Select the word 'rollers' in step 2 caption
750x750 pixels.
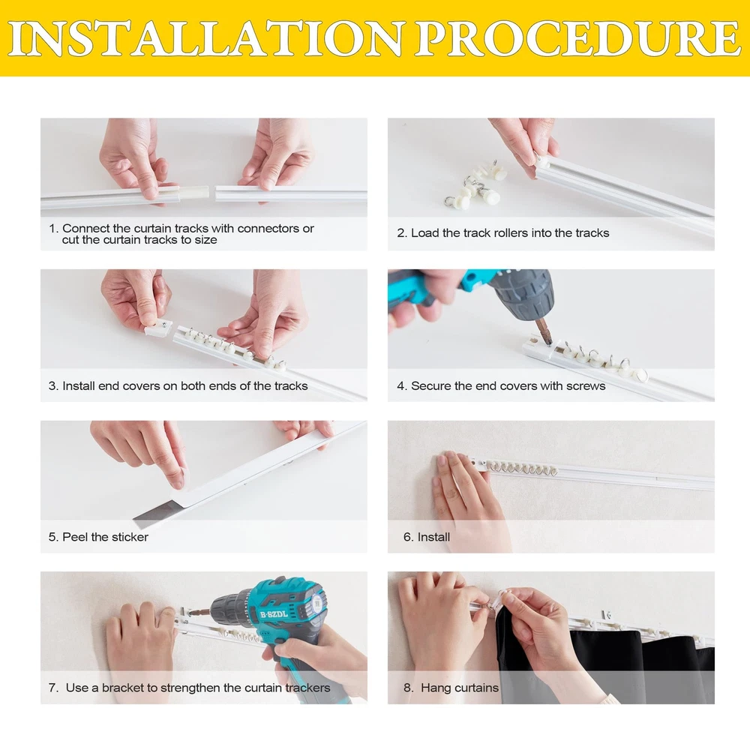[x=514, y=233]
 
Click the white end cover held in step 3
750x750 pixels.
[x=158, y=327]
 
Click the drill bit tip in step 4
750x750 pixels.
[x=549, y=342]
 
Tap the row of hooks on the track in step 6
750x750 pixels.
[x=522, y=468]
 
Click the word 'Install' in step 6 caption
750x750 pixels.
[x=433, y=537]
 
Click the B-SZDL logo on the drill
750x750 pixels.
[x=274, y=614]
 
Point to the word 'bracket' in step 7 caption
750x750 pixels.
[x=123, y=688]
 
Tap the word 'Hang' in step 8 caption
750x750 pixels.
[x=435, y=688]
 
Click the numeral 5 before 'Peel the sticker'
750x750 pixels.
[x=52, y=537]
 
